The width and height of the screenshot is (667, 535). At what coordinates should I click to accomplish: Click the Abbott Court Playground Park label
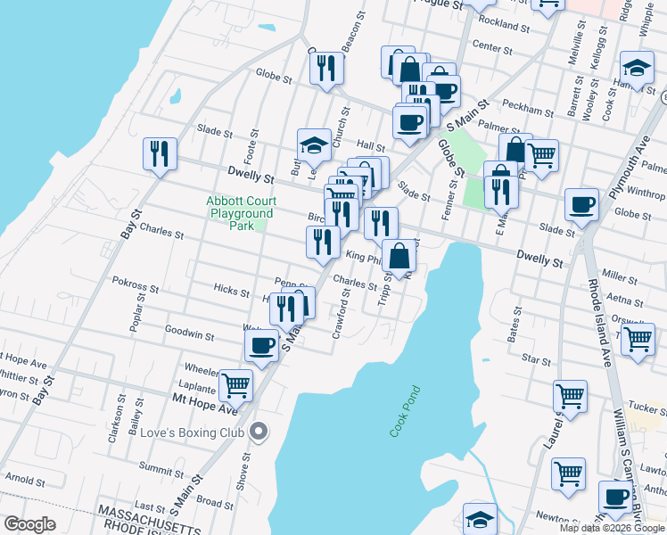point(240,214)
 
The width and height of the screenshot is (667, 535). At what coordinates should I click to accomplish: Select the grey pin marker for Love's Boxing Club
point(259,432)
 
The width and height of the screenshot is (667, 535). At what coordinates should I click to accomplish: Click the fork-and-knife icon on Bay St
point(159,152)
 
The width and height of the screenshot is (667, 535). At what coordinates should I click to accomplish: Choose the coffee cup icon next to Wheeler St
point(261,344)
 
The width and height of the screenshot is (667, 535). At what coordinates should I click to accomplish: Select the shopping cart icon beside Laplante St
point(235,384)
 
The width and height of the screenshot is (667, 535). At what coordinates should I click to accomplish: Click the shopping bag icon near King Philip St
point(400,255)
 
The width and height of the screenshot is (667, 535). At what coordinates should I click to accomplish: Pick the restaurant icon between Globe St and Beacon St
point(327,68)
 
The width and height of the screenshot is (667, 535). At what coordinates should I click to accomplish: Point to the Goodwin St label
point(189,335)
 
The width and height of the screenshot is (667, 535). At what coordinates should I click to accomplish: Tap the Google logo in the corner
point(29,524)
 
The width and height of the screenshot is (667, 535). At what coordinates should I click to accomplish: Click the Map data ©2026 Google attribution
point(612,528)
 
